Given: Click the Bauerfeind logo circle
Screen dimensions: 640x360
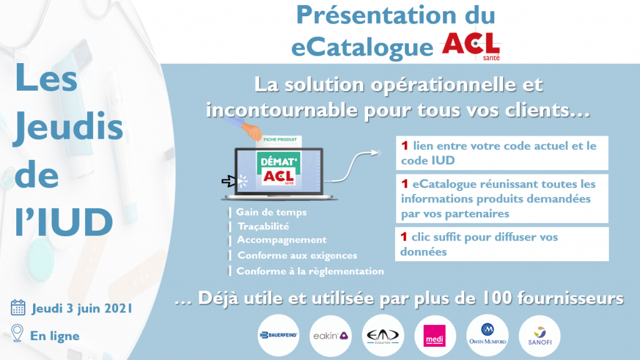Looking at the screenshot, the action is coord(278,336).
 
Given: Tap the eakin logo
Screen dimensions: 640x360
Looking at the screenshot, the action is coord(331,336).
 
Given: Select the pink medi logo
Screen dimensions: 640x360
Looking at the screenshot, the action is coord(435,336).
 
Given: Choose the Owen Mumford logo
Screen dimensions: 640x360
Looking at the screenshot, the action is coord(487,336).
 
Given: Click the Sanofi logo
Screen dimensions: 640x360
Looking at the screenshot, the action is coord(539,336).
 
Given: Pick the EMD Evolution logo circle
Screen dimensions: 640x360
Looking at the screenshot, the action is coord(383,336).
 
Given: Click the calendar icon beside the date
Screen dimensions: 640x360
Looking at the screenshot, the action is coord(18,307).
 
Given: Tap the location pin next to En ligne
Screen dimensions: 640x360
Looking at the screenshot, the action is coord(17,333).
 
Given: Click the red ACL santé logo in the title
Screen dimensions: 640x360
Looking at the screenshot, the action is coord(471,46).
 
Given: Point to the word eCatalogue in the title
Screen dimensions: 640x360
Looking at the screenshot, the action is coord(362,47).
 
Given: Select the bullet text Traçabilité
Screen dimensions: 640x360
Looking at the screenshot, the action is coord(263,226).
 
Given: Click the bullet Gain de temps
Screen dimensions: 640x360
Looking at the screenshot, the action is coord(271,212).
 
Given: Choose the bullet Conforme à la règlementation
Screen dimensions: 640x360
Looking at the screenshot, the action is coord(310,271).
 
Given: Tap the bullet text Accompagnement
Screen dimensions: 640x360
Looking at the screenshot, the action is coord(282,240).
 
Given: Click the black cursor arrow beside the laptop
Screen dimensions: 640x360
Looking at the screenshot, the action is coord(229,181).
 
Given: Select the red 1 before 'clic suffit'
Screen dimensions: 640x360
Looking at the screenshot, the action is coord(404,237).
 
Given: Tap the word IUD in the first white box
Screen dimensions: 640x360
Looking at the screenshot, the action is coord(443,161).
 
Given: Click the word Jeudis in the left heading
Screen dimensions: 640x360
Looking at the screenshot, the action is coord(69,127).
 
